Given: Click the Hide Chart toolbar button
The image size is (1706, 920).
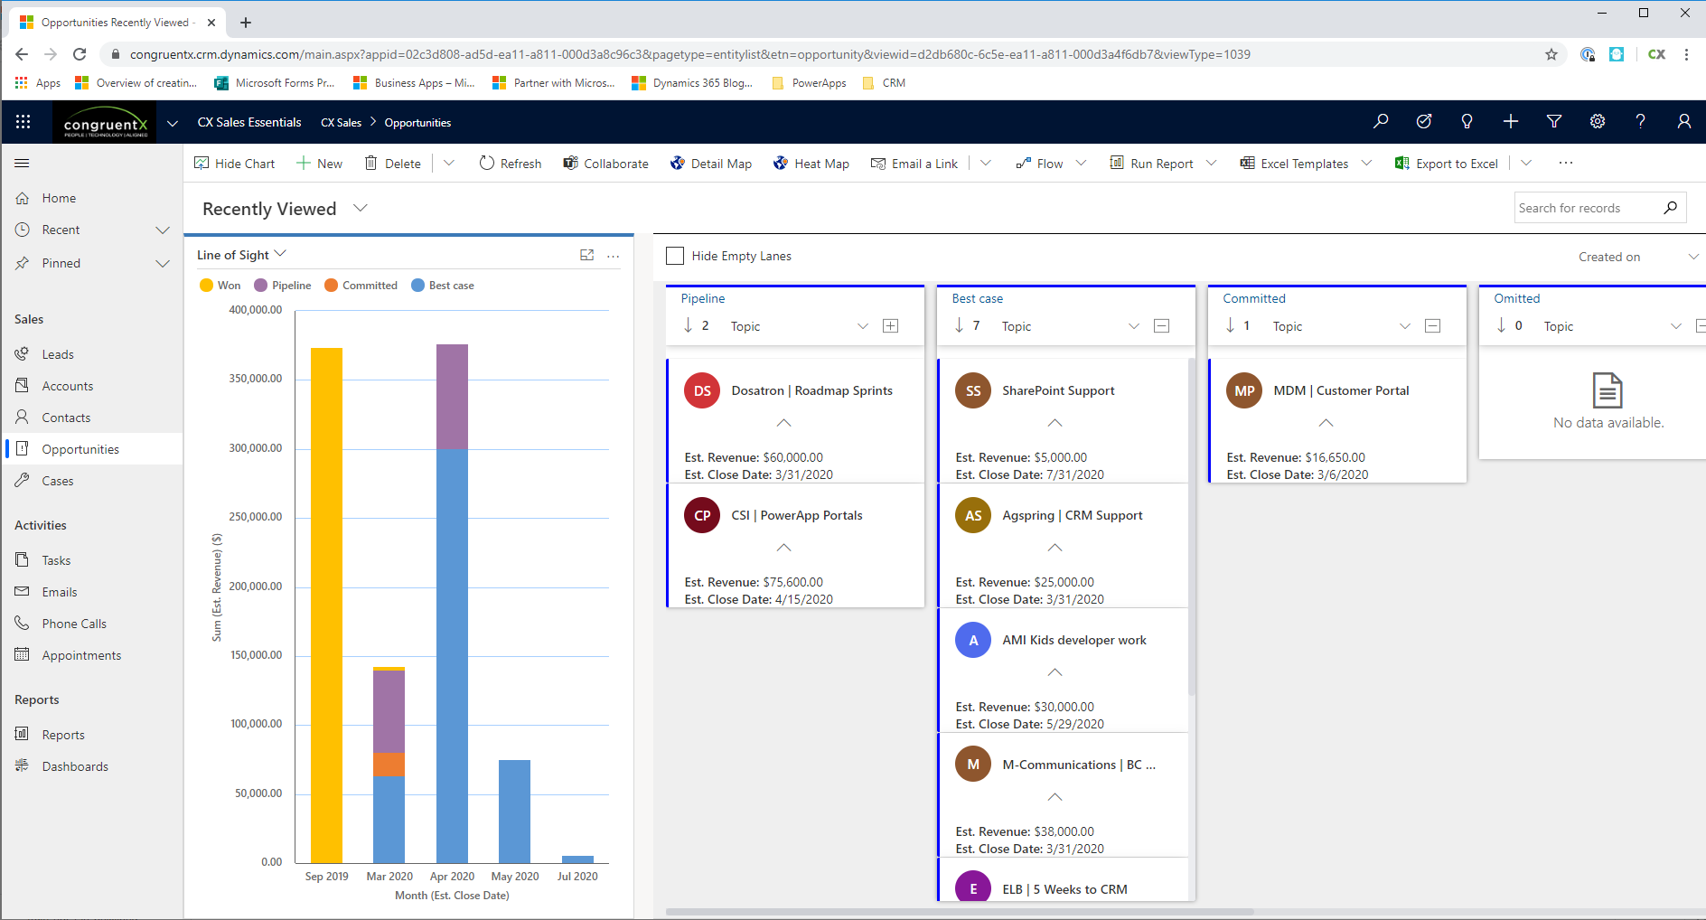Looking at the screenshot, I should (x=234, y=164).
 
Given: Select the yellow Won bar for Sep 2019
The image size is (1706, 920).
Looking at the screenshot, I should (x=326, y=606).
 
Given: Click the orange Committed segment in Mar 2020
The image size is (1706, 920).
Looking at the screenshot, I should (x=389, y=765).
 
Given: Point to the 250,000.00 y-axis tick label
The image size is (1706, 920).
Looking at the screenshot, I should (x=256, y=517).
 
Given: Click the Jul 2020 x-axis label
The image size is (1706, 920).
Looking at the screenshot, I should (x=576, y=877).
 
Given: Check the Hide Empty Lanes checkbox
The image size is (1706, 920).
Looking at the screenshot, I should (x=675, y=256).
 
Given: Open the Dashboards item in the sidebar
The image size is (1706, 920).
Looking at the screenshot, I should (x=74, y=766).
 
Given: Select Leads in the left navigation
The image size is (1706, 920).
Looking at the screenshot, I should (x=58, y=354).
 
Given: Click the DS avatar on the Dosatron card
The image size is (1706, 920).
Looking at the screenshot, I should (x=702, y=390).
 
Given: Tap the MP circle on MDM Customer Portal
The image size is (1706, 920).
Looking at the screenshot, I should (x=1244, y=390).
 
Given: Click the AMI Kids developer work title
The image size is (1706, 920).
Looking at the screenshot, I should (x=1073, y=640).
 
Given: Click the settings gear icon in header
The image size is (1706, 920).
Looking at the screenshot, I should (x=1597, y=121).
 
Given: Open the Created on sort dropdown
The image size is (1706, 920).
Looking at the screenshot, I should (x=1636, y=257).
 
